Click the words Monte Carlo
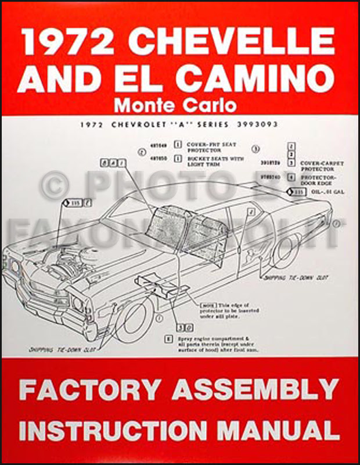[x=175, y=106]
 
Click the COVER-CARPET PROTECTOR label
[x=322, y=167]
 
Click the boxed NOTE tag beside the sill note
[x=206, y=305]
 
